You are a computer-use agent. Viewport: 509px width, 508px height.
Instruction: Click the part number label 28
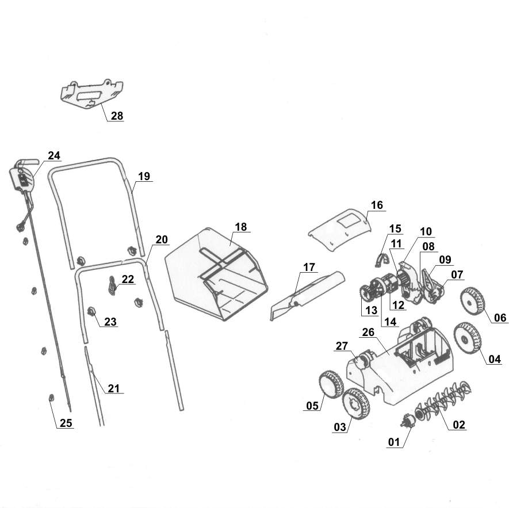(x=117, y=116)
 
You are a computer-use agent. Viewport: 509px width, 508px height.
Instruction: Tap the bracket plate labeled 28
(x=92, y=93)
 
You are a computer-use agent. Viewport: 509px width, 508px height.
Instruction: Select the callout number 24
(x=53, y=155)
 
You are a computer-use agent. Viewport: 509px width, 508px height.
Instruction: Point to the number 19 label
(x=144, y=176)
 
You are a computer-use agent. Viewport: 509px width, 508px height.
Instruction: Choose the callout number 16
(x=377, y=205)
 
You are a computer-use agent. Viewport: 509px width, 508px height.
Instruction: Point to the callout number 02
(x=459, y=425)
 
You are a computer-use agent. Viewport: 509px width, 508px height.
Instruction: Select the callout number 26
(x=369, y=333)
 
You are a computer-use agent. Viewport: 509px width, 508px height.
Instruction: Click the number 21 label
(x=114, y=388)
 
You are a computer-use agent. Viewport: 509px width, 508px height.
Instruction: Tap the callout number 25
(x=66, y=423)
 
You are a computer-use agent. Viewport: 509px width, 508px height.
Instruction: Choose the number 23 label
(x=110, y=322)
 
